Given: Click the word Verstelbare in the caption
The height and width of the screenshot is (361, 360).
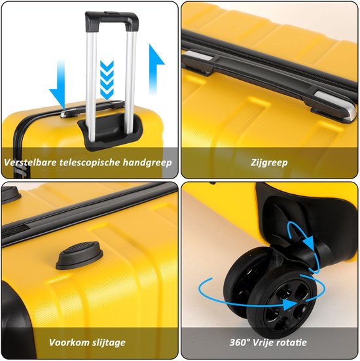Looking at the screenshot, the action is pos(30,162).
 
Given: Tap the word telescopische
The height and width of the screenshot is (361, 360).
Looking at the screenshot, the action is pos(90,163).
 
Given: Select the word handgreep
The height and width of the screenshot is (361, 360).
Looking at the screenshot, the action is pos(147,163).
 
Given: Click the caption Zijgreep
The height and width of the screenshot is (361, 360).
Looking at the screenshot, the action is pos(269,163).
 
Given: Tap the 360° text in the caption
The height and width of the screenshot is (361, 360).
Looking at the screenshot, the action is pos(240,343).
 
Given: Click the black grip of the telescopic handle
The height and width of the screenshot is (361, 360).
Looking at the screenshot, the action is pos(112,21).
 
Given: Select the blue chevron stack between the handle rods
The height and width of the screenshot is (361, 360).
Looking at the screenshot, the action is pos(107,80).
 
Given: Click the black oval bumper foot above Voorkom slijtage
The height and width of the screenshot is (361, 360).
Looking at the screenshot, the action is pos(79,256).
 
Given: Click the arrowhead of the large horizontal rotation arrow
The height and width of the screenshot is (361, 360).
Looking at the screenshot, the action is pos(291,304).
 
